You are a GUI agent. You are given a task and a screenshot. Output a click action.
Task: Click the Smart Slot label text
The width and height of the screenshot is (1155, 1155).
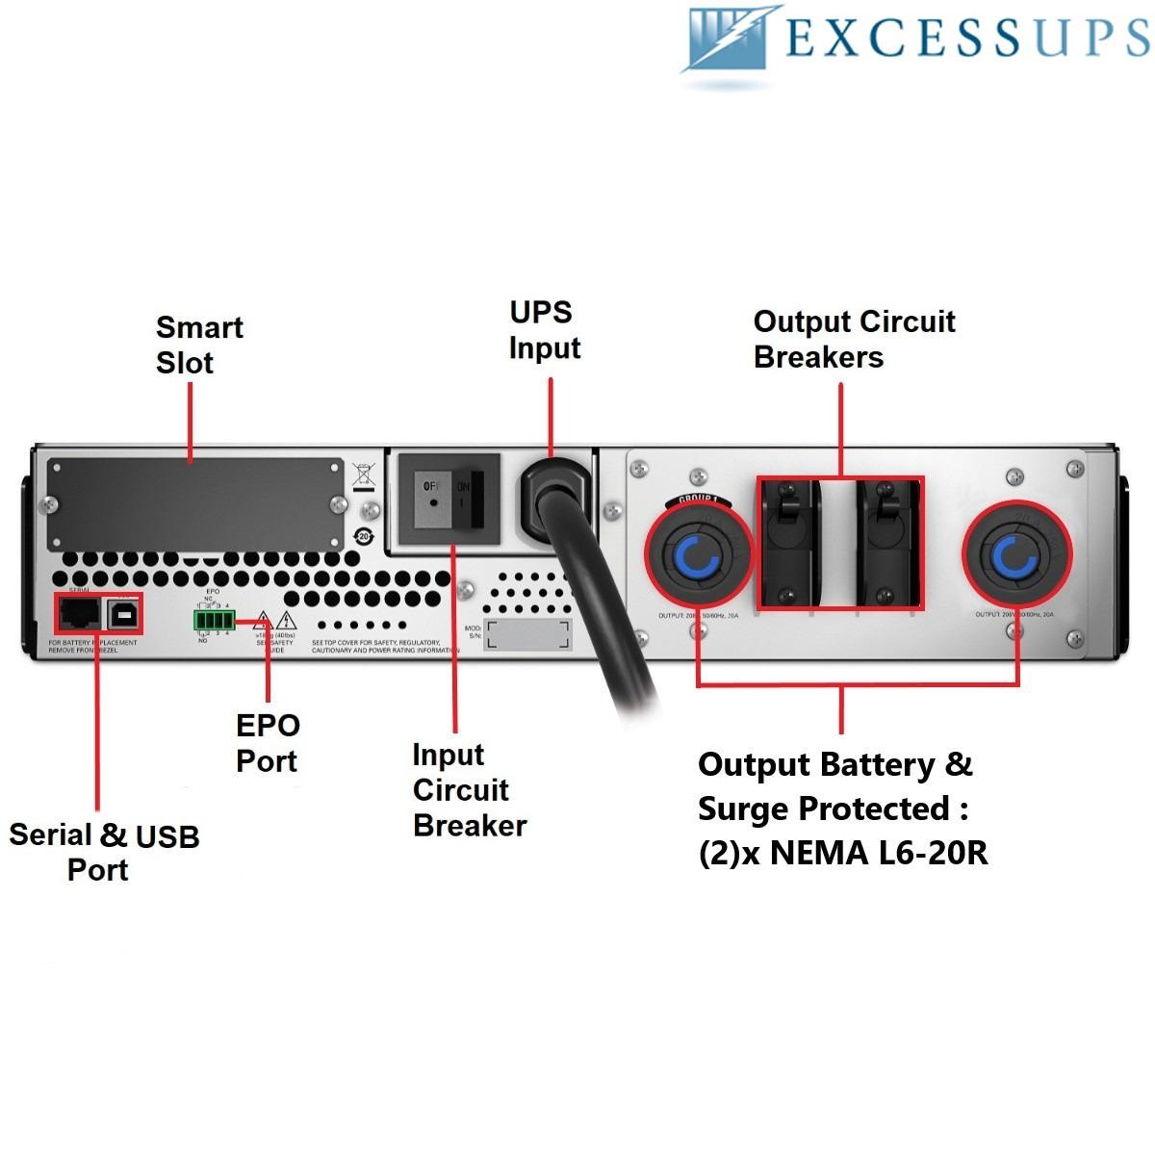[x=199, y=345]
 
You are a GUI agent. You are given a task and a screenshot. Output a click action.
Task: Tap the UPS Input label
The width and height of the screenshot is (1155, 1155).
[x=544, y=330]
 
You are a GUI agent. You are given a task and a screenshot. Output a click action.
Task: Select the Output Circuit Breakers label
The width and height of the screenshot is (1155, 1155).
[x=854, y=339]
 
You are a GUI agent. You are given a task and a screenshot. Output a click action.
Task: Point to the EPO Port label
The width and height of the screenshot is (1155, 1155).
[x=268, y=743]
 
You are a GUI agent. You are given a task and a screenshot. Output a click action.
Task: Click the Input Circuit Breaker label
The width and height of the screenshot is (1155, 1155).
[x=469, y=790]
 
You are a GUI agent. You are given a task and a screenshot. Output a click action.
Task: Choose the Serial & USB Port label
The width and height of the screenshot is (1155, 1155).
[x=104, y=852]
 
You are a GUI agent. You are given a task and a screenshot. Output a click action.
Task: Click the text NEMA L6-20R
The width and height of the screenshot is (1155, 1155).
[x=879, y=853]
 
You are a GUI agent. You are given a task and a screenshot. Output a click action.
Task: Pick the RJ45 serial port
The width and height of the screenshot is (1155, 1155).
[x=80, y=611]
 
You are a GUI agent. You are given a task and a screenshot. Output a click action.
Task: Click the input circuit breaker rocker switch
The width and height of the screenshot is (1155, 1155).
[x=448, y=502]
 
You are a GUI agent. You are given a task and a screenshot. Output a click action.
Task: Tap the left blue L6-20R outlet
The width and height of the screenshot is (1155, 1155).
[x=698, y=556]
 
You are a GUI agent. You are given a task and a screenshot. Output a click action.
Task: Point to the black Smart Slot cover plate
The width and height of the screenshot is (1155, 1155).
[x=195, y=504]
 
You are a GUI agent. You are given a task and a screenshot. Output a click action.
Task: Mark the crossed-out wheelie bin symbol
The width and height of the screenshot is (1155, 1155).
[x=363, y=475]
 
